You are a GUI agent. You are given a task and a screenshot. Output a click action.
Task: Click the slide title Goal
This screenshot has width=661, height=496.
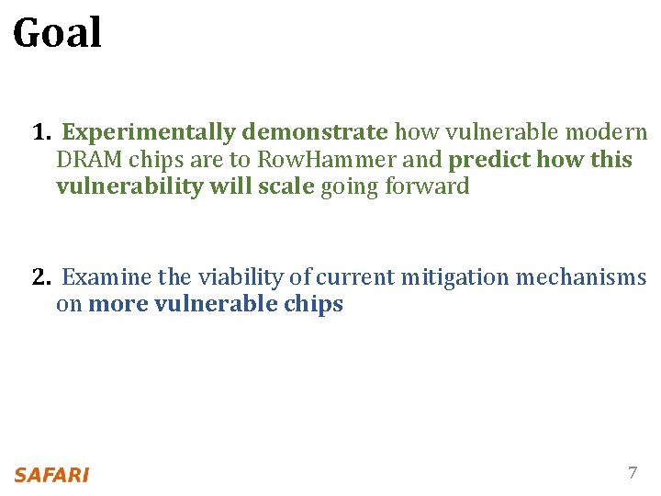(x=57, y=34)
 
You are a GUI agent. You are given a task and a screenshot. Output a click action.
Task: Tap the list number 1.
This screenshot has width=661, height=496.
(x=39, y=133)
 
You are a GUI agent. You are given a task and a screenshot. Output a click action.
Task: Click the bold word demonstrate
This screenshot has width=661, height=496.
(x=315, y=133)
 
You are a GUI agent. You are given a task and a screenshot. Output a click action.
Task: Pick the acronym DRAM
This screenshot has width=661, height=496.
(x=89, y=160)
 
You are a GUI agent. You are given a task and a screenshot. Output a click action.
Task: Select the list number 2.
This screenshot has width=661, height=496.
(x=40, y=277)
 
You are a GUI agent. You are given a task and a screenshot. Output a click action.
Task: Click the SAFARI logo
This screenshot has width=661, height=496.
(x=51, y=475)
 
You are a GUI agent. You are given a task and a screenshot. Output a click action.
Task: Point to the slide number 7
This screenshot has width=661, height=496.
(x=632, y=474)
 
